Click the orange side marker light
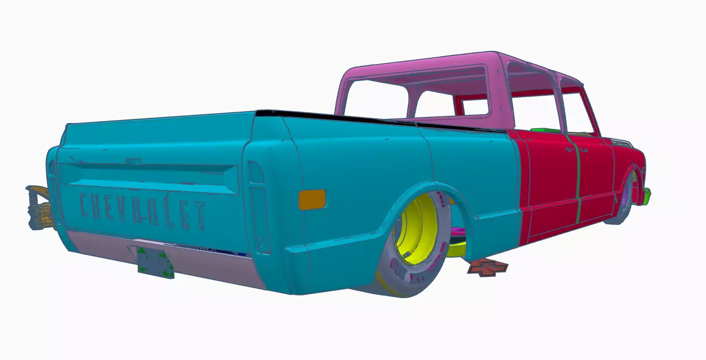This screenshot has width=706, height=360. coord(312,199)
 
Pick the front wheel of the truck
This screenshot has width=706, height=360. coord(626,200)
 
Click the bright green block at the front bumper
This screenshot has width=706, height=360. coord(647,195)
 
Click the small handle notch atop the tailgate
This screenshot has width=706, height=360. coord(134,162)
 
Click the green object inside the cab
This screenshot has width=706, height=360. coord(544,129)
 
